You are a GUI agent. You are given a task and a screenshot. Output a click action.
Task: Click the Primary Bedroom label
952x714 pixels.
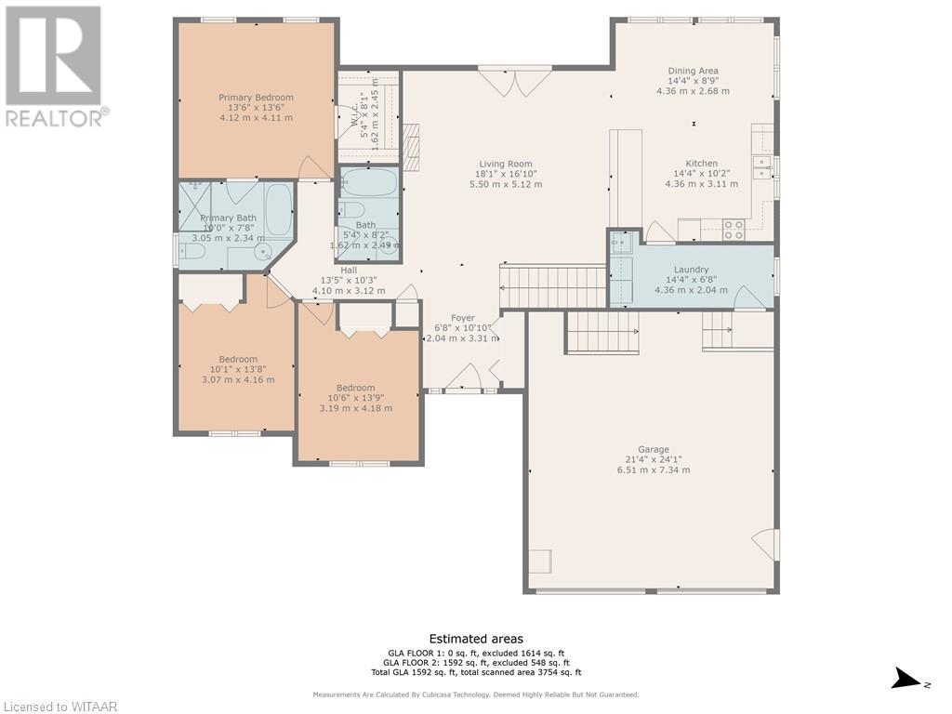pos(256,98)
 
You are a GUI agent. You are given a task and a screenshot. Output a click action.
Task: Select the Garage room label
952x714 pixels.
pos(654,450)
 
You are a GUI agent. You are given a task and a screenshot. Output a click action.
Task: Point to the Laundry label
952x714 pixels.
pos(692,270)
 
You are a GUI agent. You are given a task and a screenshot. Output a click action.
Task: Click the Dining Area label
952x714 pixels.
pos(693,71)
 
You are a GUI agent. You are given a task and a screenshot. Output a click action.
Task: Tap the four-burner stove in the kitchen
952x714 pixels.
pos(734,229)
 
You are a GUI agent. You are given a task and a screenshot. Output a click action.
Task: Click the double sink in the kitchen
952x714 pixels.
pos(761,166)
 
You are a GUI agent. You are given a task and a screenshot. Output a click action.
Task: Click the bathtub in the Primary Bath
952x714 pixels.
pos(278,211)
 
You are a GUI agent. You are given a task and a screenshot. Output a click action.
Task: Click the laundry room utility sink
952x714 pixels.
pos(620,243)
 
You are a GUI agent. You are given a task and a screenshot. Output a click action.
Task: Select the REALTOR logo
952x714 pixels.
pos(53,65)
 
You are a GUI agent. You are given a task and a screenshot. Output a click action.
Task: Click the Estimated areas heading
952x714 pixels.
pos(476,639)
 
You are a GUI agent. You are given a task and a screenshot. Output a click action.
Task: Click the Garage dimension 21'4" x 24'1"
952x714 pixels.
pos(654,460)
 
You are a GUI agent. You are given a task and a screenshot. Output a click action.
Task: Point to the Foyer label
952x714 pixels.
pos(463,318)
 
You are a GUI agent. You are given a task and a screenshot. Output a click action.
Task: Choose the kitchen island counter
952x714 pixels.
pos(626,177)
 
